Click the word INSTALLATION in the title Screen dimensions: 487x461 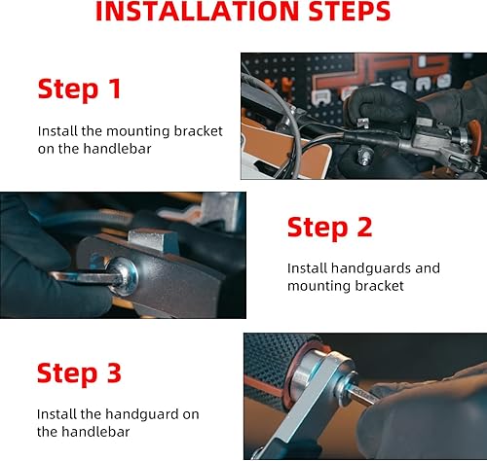pyautogui.click(x=198, y=11)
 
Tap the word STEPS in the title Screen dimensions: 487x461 pyautogui.click(x=350, y=11)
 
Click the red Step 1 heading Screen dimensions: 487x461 pyautogui.click(x=80, y=89)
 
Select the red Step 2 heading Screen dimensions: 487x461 pyautogui.click(x=329, y=228)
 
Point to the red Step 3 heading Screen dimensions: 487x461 pyautogui.click(x=79, y=373)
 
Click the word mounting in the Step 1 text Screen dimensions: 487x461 pyautogui.click(x=137, y=132)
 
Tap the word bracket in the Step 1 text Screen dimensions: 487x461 pyautogui.click(x=198, y=131)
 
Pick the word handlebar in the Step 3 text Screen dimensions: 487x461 pyautogui.click(x=95, y=432)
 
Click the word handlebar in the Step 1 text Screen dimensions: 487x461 pyautogui.click(x=117, y=149)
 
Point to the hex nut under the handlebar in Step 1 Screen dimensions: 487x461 pyautogui.click(x=365, y=155)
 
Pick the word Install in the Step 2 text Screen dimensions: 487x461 pyautogui.click(x=307, y=268)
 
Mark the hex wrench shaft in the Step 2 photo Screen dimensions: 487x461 pyautogui.click(x=85, y=278)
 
